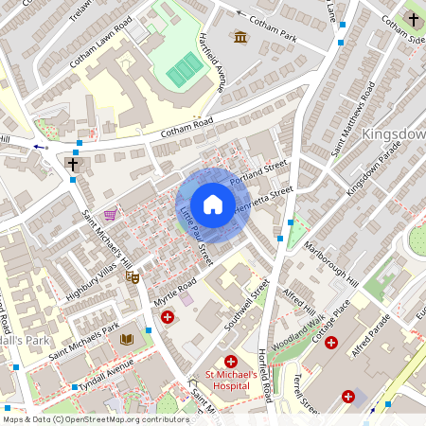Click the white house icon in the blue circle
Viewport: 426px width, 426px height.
point(213,204)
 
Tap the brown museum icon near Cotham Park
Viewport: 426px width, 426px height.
point(240,37)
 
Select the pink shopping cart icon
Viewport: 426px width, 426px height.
point(111,215)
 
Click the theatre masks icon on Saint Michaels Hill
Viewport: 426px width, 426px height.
point(134,277)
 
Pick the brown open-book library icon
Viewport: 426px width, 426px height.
point(127,338)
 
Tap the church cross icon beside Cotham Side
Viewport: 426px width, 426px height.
point(412,19)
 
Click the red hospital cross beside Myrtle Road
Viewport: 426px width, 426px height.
point(168,317)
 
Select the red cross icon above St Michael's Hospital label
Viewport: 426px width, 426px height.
point(231,362)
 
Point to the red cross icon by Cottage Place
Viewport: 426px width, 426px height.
point(330,342)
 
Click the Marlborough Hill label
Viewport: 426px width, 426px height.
point(331,261)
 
